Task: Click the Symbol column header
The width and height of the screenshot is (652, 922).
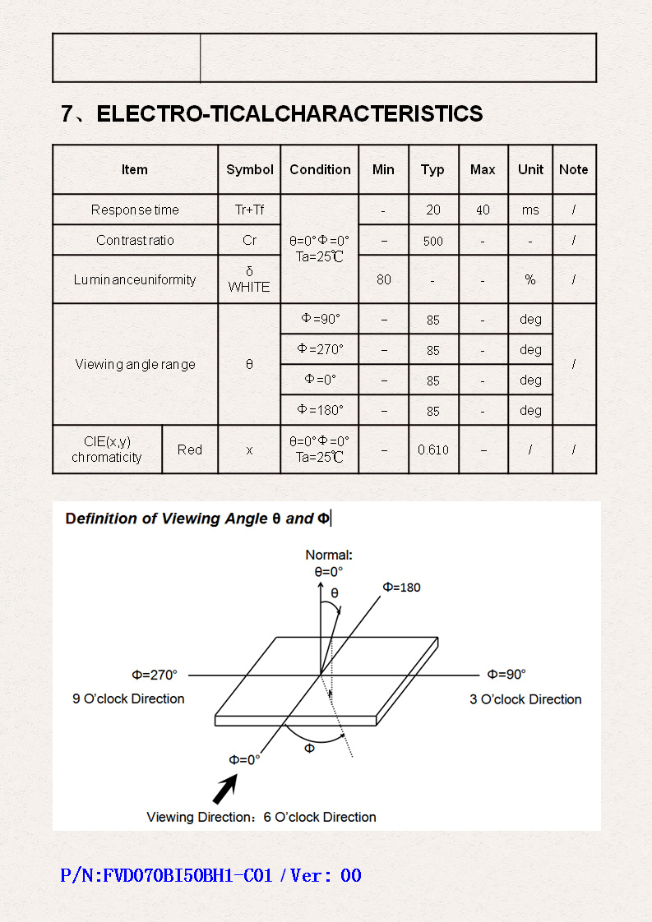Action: tap(249, 169)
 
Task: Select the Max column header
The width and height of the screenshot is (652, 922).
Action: tap(483, 169)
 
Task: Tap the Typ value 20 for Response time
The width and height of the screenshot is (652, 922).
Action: tap(433, 210)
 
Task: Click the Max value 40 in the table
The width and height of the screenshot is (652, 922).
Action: tap(483, 210)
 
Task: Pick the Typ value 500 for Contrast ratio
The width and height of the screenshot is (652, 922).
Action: tap(433, 241)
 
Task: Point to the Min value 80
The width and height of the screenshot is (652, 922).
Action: tap(384, 279)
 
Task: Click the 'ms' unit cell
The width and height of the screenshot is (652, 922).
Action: tap(530, 210)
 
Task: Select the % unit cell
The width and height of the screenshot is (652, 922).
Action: tap(530, 279)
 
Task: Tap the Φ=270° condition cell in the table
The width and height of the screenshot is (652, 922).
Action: tap(320, 349)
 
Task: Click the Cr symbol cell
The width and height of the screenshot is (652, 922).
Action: tap(249, 241)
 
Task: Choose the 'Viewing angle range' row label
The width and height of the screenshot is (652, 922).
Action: tap(136, 364)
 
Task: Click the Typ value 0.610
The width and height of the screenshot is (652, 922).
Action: tap(433, 449)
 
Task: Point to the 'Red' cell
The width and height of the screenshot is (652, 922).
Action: tap(190, 449)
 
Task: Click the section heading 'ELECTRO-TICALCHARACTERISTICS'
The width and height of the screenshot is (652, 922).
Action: tap(289, 114)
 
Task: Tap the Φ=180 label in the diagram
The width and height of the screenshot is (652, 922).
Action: tap(401, 588)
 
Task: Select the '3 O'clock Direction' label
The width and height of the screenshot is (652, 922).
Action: tap(525, 699)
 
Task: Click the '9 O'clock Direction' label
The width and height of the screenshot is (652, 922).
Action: tap(128, 698)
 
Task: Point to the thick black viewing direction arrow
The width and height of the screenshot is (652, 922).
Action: tap(225, 789)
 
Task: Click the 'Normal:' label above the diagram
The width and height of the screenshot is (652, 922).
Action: tap(329, 555)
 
